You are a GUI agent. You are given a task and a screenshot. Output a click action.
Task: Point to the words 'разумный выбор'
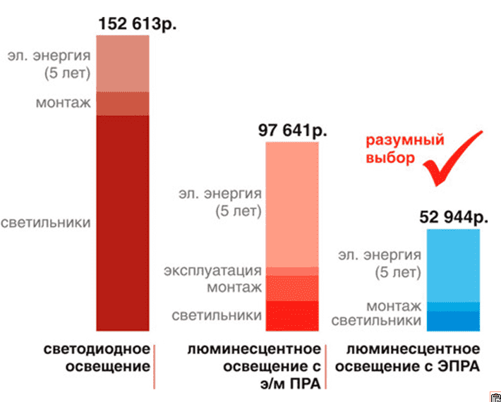[402, 149]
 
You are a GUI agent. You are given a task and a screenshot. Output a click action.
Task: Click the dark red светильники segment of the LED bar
[122, 222]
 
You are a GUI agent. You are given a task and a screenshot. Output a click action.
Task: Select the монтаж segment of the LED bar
[122, 103]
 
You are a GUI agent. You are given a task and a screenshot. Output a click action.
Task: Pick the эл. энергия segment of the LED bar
[122, 63]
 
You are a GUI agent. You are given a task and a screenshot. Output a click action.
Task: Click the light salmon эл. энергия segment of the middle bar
[291, 205]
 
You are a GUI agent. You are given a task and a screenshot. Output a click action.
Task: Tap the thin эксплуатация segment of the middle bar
[291, 272]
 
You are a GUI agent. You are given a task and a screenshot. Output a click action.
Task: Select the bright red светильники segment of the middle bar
[291, 315]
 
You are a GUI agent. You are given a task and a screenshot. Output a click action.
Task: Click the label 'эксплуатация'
[212, 272]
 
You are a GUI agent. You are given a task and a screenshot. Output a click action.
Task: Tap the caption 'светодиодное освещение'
[97, 358]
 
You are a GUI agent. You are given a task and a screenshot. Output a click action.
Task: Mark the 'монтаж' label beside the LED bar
[64, 103]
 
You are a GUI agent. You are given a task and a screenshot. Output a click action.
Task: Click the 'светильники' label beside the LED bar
[46, 223]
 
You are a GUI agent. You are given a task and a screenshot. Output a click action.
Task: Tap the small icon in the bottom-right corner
[494, 396]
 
